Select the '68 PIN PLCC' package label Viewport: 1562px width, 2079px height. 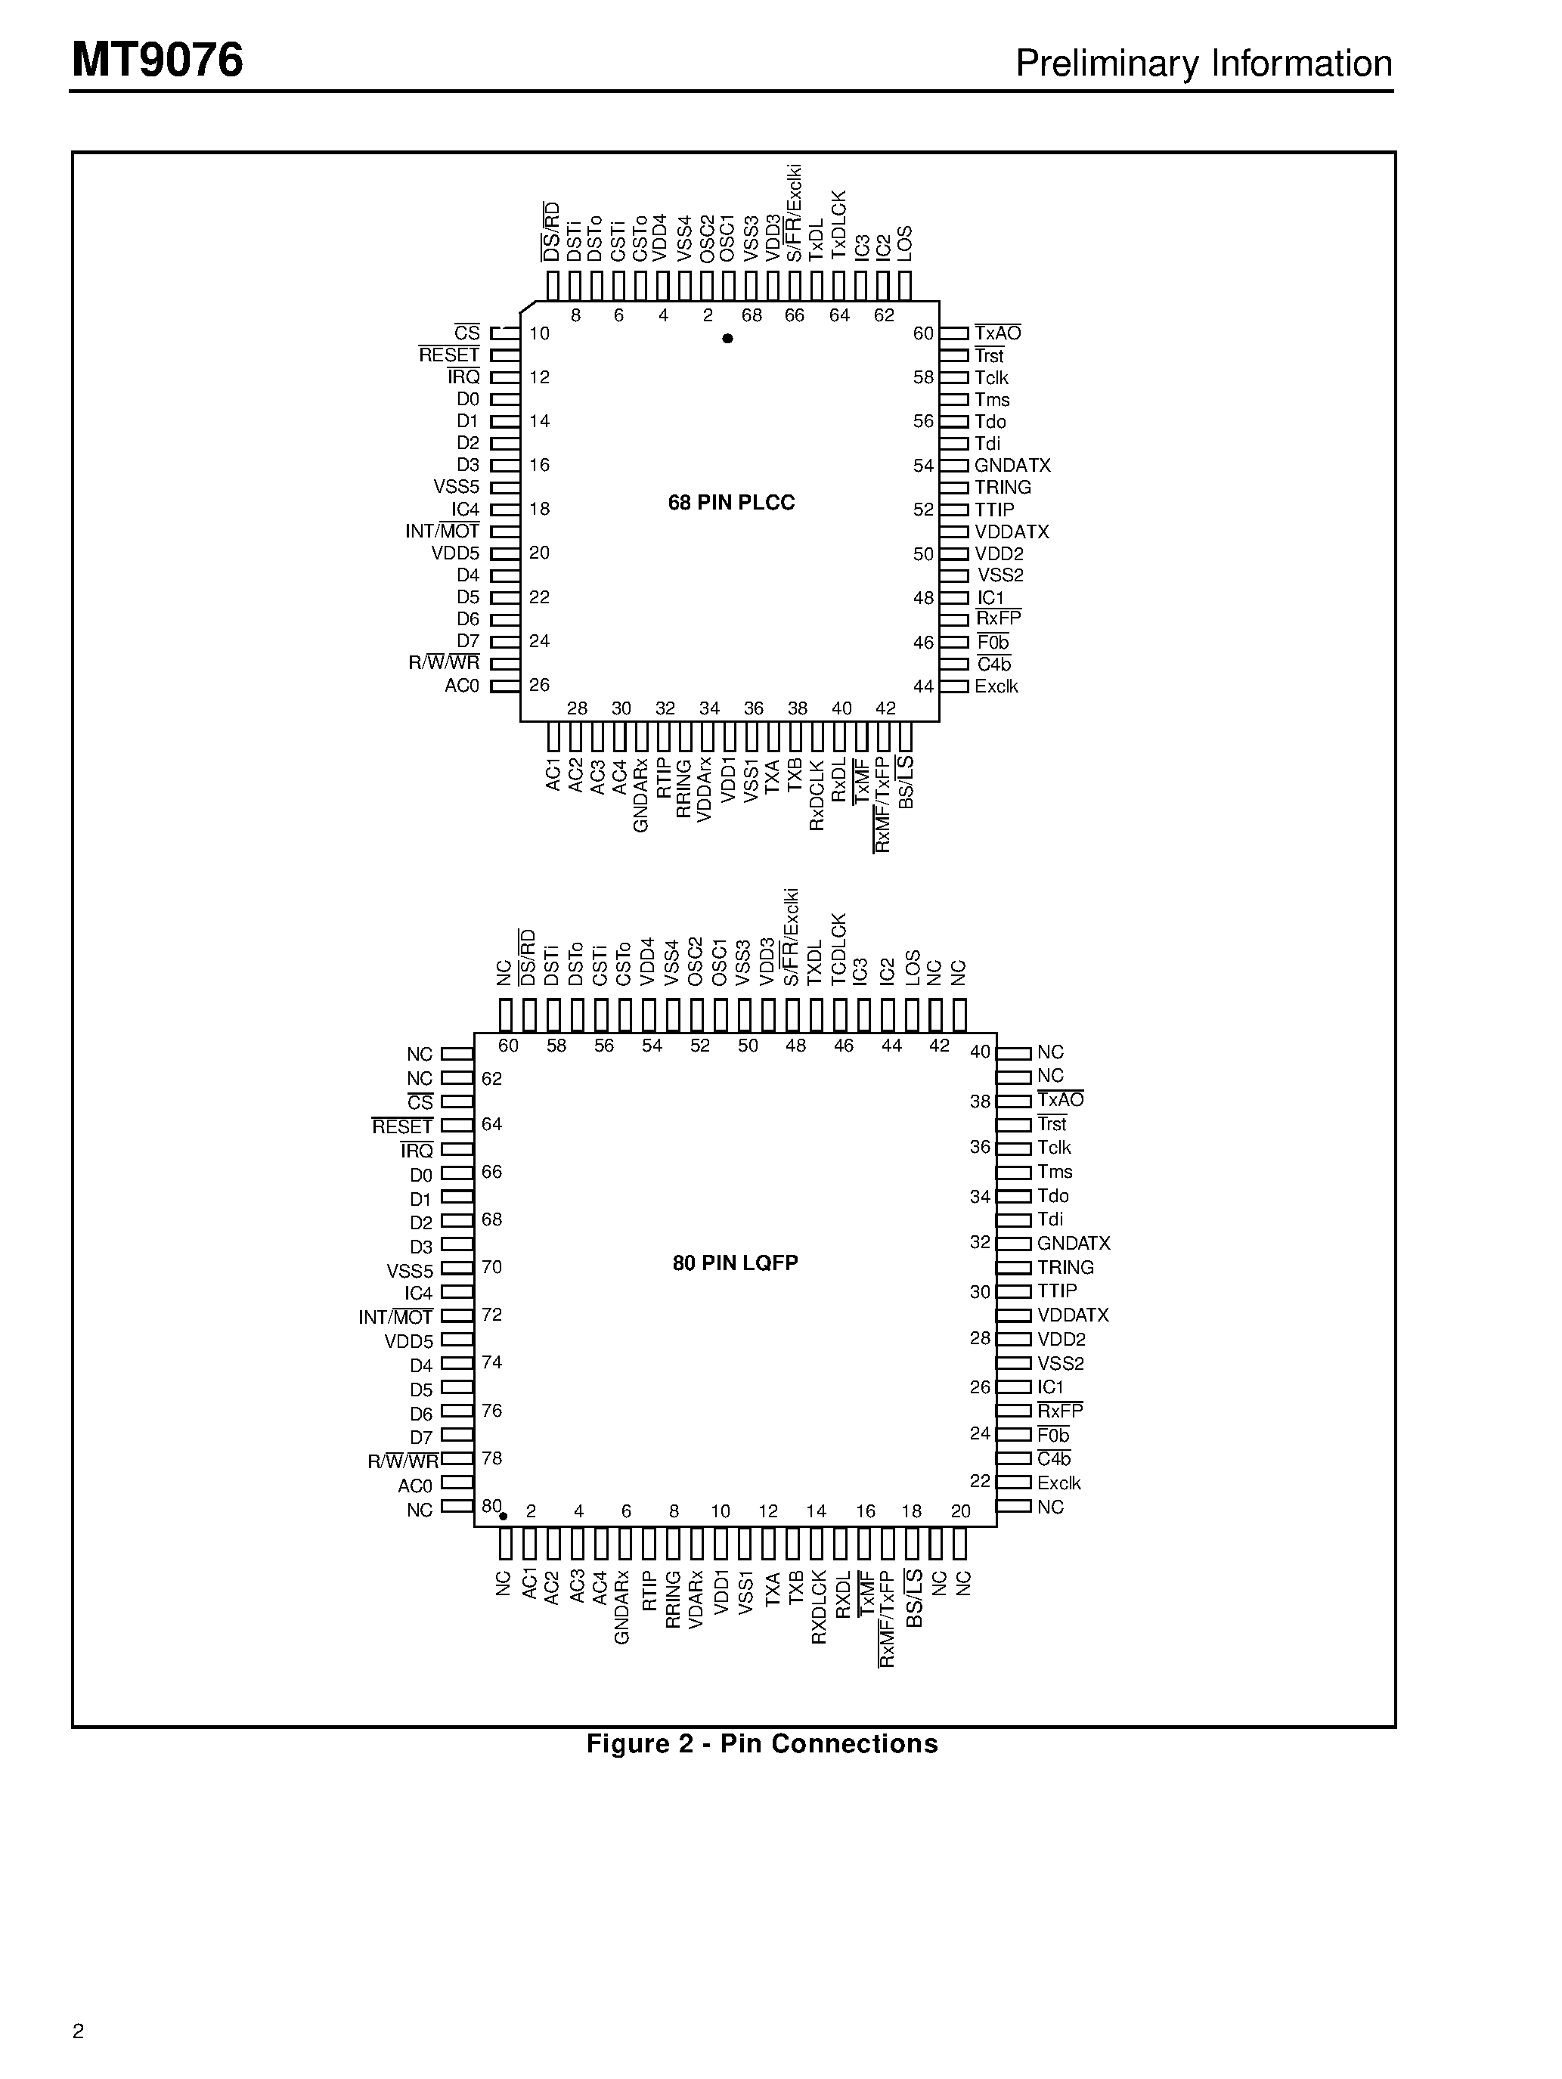click(731, 503)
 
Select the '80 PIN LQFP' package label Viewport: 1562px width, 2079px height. click(735, 1263)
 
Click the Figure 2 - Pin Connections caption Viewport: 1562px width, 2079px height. click(761, 1744)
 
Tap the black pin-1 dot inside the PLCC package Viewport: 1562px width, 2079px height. click(727, 339)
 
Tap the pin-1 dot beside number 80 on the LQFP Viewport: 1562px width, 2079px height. click(503, 1516)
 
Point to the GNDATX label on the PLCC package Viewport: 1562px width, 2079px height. click(1012, 465)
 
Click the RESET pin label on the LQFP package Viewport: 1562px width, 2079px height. click(402, 1126)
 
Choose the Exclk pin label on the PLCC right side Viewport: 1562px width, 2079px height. click(996, 686)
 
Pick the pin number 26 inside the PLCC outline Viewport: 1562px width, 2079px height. click(540, 684)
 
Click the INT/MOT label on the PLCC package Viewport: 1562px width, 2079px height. click(442, 531)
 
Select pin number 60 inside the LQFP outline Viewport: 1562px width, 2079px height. click(509, 1045)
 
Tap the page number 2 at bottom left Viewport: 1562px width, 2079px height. click(78, 2031)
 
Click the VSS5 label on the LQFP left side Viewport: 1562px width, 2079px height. click(410, 1271)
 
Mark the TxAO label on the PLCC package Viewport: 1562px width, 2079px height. click(997, 333)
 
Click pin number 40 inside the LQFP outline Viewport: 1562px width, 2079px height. click(981, 1052)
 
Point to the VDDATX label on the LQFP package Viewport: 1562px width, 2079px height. click(1074, 1315)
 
